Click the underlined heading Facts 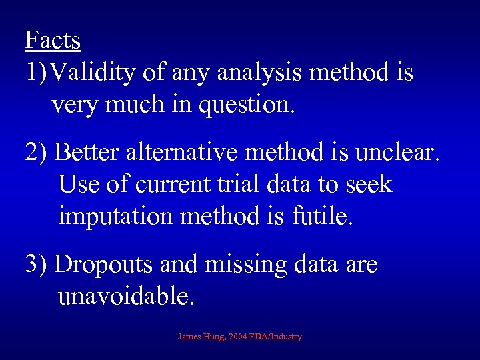[53, 40]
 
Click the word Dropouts [105, 265]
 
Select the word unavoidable [127, 296]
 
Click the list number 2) [36, 153]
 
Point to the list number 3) [36, 265]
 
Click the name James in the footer [189, 337]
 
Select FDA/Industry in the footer [277, 337]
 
